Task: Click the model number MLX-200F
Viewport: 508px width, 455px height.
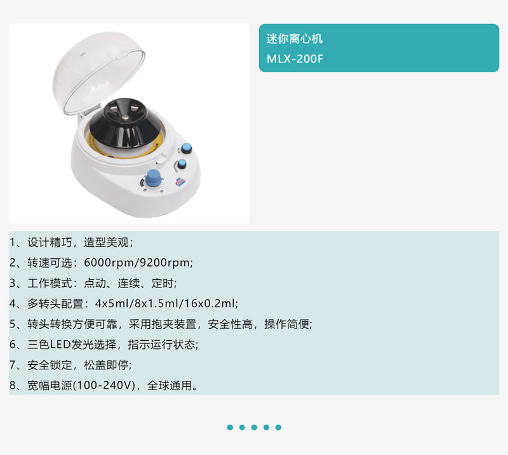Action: [x=295, y=59]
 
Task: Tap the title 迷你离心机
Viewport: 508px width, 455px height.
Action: [x=295, y=39]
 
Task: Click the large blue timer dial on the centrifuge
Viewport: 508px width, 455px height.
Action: [x=153, y=178]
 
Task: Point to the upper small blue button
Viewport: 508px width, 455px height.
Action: [x=186, y=148]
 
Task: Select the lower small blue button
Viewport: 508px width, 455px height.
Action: [x=182, y=164]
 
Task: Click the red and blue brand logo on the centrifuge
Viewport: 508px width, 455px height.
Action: [x=180, y=182]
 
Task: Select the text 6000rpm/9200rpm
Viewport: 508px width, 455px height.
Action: [x=137, y=263]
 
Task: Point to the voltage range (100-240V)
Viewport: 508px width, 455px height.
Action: [x=104, y=385]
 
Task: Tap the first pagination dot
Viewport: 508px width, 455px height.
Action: [x=230, y=428]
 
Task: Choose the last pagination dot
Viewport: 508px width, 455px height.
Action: [x=278, y=428]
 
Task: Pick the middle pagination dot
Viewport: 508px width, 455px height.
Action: [x=255, y=428]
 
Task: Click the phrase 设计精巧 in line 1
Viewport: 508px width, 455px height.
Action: [x=50, y=242]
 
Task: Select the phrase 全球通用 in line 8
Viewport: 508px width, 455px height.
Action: [x=170, y=385]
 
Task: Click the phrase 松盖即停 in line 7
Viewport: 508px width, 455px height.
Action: [x=106, y=365]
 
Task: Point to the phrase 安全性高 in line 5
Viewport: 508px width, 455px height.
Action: [x=230, y=324]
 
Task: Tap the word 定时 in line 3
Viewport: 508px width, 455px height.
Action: [x=163, y=283]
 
